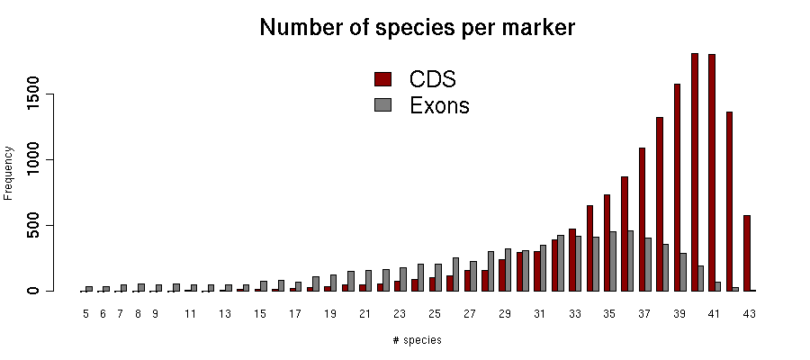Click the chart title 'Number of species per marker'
pos(417,28)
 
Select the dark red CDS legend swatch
pos(382,78)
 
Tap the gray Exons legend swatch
pos(382,105)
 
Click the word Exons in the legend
pos(439,105)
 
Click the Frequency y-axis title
pos(9,172)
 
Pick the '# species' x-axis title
pos(417,340)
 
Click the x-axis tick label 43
pos(749,314)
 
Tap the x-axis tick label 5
pos(85,314)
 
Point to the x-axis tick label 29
pos(505,314)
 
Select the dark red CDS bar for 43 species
pos(747,253)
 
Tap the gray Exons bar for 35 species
pos(613,261)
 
